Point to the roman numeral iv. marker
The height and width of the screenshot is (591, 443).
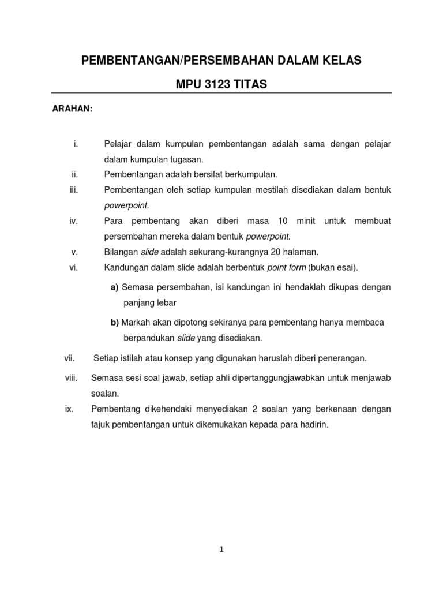point(73,221)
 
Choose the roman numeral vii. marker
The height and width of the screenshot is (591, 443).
point(70,358)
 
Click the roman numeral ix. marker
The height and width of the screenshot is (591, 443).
point(70,409)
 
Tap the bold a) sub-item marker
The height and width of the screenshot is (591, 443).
point(114,287)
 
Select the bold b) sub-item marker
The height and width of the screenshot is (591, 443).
point(114,323)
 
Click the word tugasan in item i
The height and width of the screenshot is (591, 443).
point(187,159)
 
